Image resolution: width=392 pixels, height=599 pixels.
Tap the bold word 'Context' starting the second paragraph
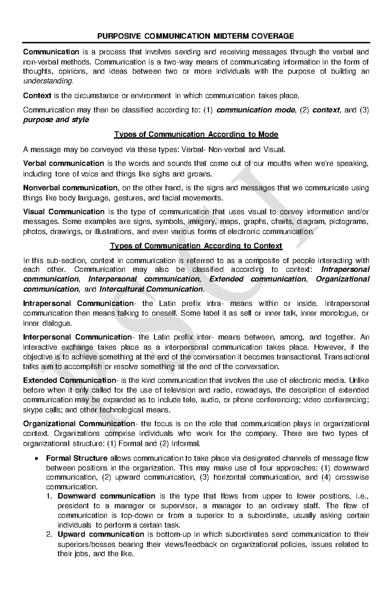[x=37, y=96]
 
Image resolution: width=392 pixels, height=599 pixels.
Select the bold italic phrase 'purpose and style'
[x=56, y=120]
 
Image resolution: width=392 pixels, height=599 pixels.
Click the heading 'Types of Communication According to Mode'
[x=196, y=134]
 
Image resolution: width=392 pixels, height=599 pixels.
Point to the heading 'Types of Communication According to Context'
[x=196, y=246]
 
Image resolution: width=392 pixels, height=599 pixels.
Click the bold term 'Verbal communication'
[x=63, y=164]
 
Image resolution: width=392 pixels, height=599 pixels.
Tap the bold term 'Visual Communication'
[x=64, y=212]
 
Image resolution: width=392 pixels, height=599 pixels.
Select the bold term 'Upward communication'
[x=101, y=534]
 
